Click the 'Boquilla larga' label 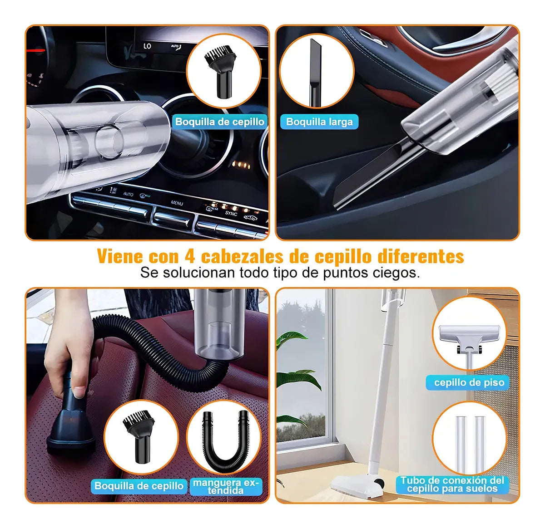(319, 122)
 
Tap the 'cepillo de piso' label (469, 382)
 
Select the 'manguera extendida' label (226, 486)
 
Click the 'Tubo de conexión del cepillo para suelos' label (452, 484)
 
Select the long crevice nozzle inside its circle (314, 73)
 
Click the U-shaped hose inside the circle (226, 440)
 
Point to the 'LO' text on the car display (147, 46)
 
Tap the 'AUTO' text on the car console (128, 194)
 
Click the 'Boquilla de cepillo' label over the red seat (139, 486)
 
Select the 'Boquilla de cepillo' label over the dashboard (220, 122)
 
